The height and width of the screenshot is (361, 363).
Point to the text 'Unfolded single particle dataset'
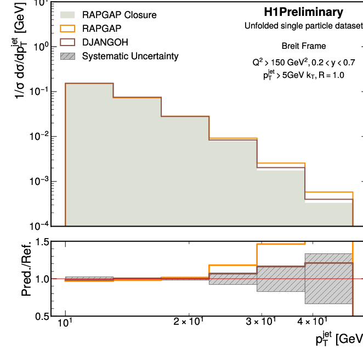click(x=303, y=26)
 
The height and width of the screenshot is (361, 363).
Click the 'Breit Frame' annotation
click(x=303, y=46)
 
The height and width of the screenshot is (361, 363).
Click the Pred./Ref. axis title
click(x=26, y=279)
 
